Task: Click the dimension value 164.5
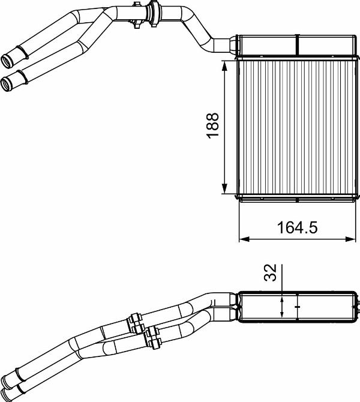pos(296,227)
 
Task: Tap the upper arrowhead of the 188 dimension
pos(224,64)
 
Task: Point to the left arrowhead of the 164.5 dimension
pos(244,239)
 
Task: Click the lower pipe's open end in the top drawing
pos(7,81)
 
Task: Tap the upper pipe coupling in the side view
pos(134,322)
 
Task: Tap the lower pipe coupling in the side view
pos(154,337)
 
